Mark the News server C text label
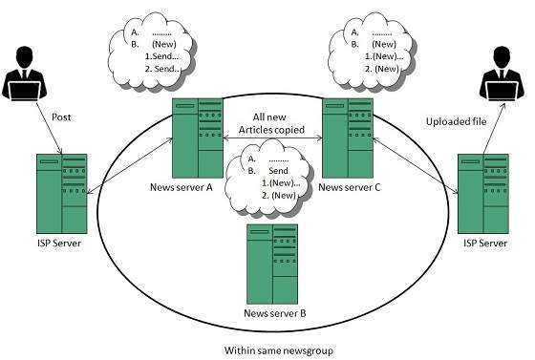click(x=350, y=187)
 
